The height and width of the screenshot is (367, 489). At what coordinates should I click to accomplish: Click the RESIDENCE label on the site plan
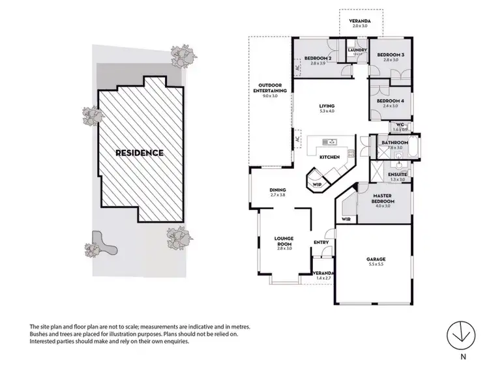[x=140, y=153]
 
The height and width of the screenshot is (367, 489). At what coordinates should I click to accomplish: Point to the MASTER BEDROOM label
[x=381, y=198]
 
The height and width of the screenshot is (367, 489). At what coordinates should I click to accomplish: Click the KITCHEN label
[x=329, y=158]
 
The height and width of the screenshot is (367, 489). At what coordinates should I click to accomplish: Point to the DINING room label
[x=278, y=190]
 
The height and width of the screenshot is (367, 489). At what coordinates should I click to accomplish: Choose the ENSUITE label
[x=398, y=175]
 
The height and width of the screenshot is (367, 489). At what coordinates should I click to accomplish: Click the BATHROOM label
[x=394, y=143]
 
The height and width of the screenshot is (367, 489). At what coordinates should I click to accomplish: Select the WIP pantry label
[x=317, y=184]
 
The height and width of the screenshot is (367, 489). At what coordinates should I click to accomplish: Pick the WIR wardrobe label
[x=346, y=220]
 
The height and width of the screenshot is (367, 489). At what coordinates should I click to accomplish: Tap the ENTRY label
[x=321, y=242]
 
